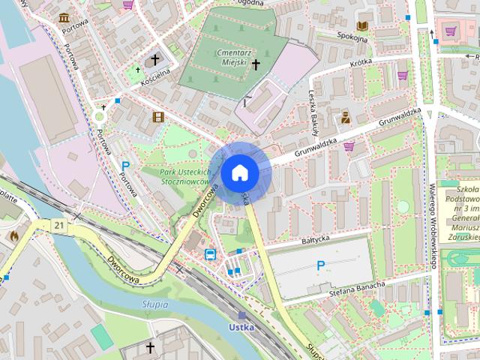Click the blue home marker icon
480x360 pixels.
coord(239,172)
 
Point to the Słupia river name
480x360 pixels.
coord(155,304)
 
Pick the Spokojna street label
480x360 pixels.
coord(335,34)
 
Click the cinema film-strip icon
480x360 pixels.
coord(157,116)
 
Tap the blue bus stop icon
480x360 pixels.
coord(211,253)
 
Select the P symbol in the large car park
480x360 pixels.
coord(321,265)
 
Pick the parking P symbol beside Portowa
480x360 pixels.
coord(126,166)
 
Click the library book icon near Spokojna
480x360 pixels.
coord(362,25)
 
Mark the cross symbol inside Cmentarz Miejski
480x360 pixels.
coord(255,65)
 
